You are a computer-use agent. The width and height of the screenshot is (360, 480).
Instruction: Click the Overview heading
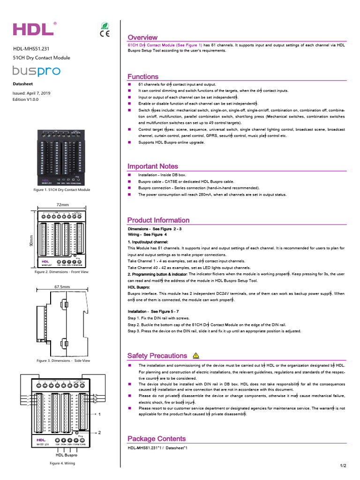tap(142, 37)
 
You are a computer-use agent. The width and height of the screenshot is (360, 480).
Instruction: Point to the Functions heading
tap(143, 77)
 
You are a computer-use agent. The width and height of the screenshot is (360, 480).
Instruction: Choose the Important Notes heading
tap(153, 166)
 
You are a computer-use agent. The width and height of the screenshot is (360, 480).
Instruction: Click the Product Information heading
tap(158, 220)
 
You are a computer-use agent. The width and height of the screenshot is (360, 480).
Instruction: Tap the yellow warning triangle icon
tap(196, 356)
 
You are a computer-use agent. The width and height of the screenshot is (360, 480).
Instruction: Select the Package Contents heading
tap(157, 439)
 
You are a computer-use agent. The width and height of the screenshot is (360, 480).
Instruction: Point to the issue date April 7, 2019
tap(31, 93)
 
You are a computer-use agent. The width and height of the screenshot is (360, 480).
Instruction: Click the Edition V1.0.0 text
tap(26, 100)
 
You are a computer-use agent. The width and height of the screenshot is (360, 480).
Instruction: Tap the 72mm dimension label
tap(62, 205)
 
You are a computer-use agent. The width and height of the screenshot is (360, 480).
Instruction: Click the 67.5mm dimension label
tap(62, 286)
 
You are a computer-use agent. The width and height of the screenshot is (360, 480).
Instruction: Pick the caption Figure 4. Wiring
tap(62, 463)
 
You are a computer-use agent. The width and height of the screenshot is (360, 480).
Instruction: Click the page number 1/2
tap(343, 465)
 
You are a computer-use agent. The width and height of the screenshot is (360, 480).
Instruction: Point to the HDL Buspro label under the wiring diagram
tap(67, 455)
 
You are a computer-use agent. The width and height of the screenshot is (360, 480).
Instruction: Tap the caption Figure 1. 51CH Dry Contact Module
tap(62, 190)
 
